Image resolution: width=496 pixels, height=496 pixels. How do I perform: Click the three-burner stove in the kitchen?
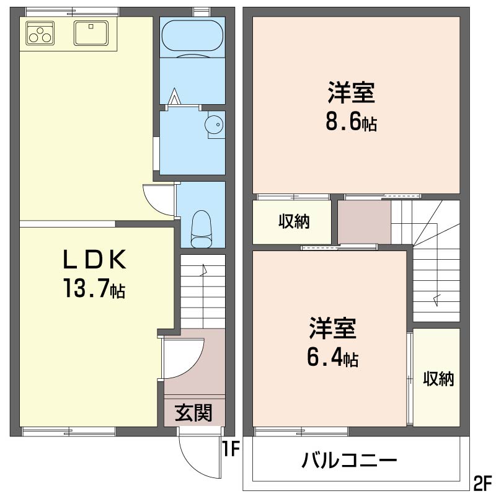tap(40, 33)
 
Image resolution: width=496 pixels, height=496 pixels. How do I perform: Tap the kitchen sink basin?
tap(91, 33)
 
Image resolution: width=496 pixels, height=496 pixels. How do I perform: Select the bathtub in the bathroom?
tap(192, 35)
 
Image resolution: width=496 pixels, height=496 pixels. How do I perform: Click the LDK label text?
tap(94, 259)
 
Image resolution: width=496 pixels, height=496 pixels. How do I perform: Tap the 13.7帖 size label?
tap(94, 288)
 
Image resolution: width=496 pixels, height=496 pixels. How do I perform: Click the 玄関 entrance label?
tap(193, 412)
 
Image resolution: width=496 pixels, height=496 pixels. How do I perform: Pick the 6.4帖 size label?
tap(333, 357)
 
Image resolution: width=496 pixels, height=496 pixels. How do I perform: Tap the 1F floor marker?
tap(231, 449)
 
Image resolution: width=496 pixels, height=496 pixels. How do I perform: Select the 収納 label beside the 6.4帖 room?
tap(438, 378)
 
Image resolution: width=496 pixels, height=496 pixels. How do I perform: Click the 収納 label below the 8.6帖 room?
tap(294, 221)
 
